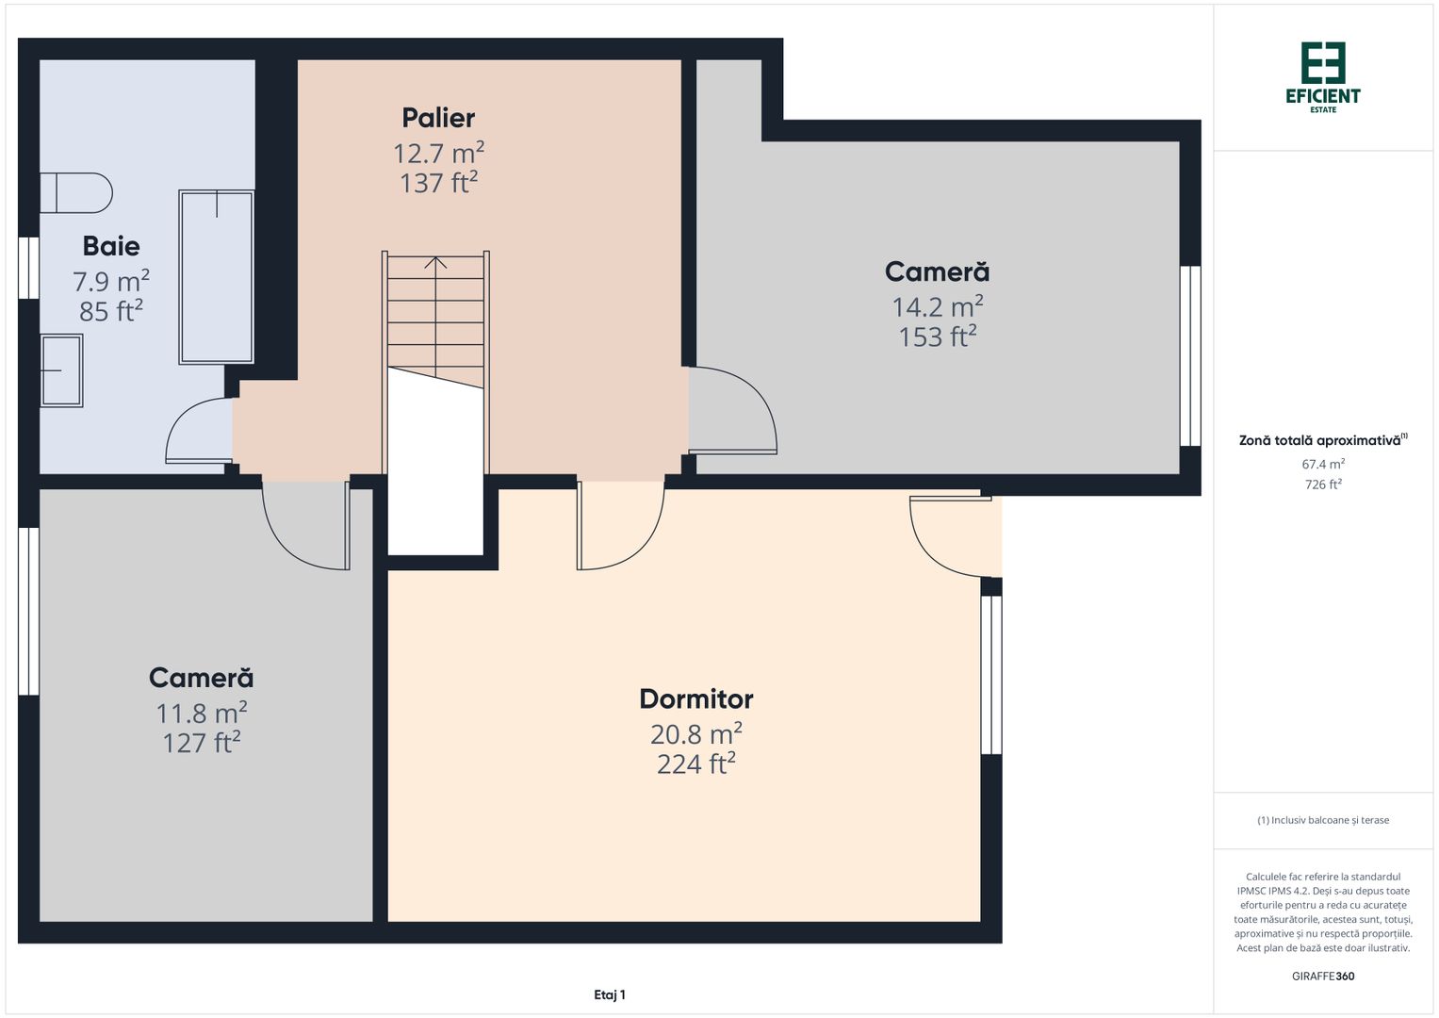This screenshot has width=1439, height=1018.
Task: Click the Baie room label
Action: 111,246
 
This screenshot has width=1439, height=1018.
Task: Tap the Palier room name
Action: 438,118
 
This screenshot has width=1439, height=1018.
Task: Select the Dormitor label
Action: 695,698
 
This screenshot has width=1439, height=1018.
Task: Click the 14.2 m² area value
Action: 938,306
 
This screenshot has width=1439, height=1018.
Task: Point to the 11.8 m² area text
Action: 201,712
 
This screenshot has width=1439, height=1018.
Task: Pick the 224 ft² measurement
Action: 695,763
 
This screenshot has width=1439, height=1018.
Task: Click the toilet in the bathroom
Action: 75,193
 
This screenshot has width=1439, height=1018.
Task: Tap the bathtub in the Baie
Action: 217,277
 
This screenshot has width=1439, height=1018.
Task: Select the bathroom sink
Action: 61,370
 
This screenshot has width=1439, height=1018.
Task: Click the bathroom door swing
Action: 199,430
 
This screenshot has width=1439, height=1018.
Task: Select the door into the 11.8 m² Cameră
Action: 306,526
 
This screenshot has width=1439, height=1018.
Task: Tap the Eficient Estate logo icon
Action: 1323,63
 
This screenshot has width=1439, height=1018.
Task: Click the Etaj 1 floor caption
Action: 609,994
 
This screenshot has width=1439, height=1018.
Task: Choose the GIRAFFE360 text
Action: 1323,976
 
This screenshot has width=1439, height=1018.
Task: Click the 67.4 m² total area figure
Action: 1323,464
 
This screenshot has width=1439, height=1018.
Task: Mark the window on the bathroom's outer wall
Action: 28,268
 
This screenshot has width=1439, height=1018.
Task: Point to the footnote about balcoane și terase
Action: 1323,820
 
